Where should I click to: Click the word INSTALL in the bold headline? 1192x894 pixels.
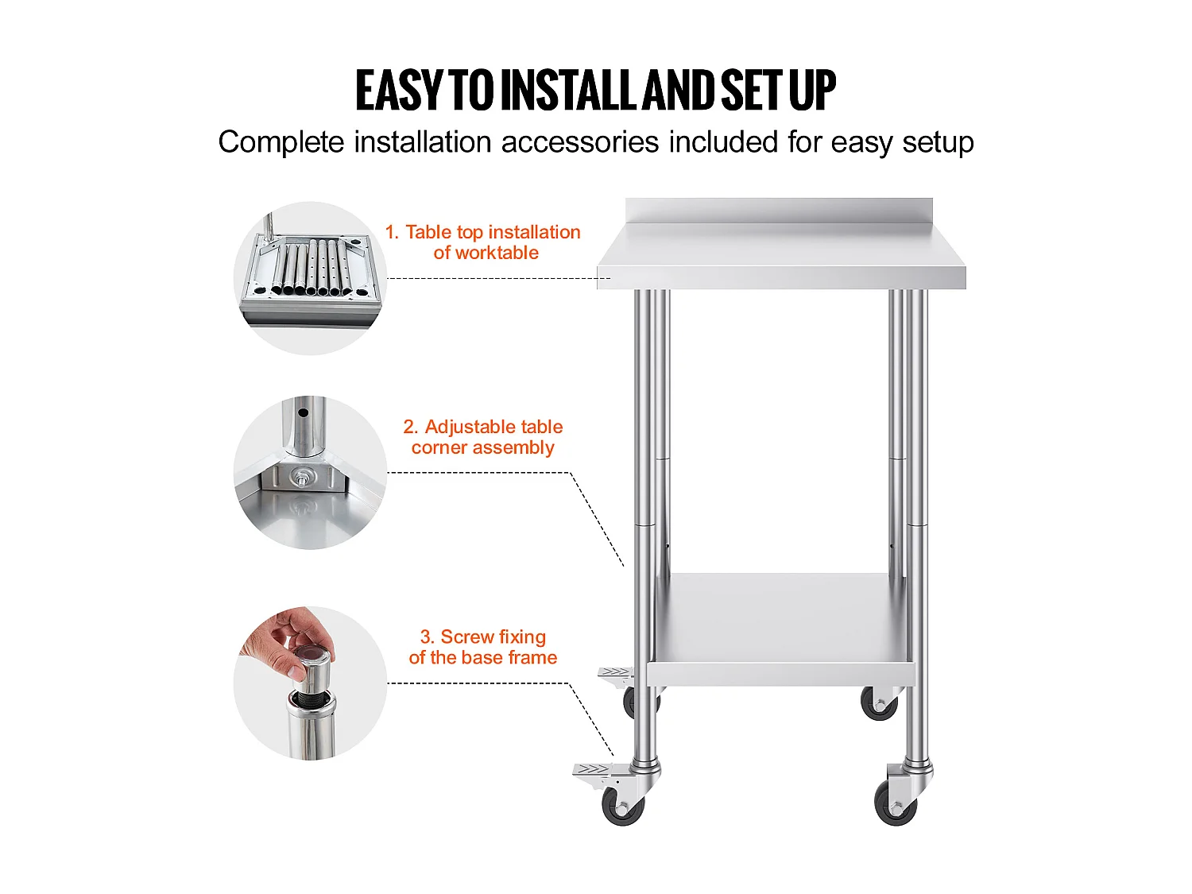point(571,90)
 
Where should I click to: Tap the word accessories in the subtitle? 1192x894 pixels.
point(579,142)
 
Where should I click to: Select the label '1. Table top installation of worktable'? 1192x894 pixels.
point(483,242)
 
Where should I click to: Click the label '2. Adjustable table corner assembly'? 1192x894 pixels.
point(483,437)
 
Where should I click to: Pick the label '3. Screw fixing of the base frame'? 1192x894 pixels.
point(483,647)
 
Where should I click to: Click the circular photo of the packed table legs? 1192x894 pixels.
point(310,278)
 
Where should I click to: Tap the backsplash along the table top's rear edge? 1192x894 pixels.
point(779,211)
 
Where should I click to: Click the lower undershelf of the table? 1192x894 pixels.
point(781,629)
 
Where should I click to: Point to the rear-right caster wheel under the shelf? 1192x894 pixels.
point(879,703)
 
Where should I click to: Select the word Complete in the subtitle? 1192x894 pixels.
point(281,142)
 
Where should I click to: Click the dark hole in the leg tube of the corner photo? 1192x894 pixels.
point(304,413)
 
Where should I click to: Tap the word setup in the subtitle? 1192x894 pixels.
point(938,142)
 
